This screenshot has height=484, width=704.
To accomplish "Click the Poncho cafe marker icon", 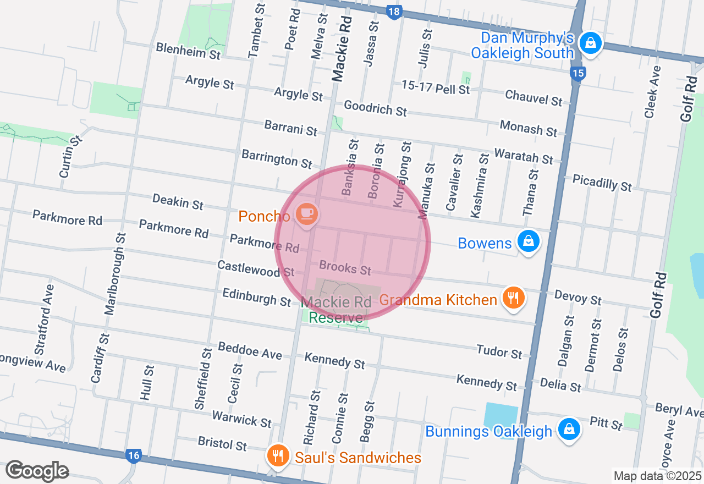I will tap(306, 213).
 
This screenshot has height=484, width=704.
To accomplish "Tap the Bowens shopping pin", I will tap(528, 241).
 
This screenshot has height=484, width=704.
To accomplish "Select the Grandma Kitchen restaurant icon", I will tap(513, 298).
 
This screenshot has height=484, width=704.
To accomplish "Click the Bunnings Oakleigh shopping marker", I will tap(569, 429).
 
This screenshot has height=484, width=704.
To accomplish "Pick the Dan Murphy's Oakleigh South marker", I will tap(590, 43).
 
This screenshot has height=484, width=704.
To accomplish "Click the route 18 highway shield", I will tap(394, 12).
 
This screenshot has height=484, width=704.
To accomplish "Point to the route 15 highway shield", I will tap(577, 74).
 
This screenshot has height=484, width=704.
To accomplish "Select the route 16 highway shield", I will tap(133, 456).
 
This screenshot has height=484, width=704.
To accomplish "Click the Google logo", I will tap(37, 471).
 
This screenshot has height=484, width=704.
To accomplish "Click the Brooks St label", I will tap(345, 268).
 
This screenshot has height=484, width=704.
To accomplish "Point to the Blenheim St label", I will tap(188, 51).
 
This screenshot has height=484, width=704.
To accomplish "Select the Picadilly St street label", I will tap(602, 182).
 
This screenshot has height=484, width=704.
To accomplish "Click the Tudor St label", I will tap(499, 351).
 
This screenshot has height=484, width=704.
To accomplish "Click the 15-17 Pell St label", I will tap(436, 87).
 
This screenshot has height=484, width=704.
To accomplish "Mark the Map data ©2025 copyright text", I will tap(657, 476).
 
